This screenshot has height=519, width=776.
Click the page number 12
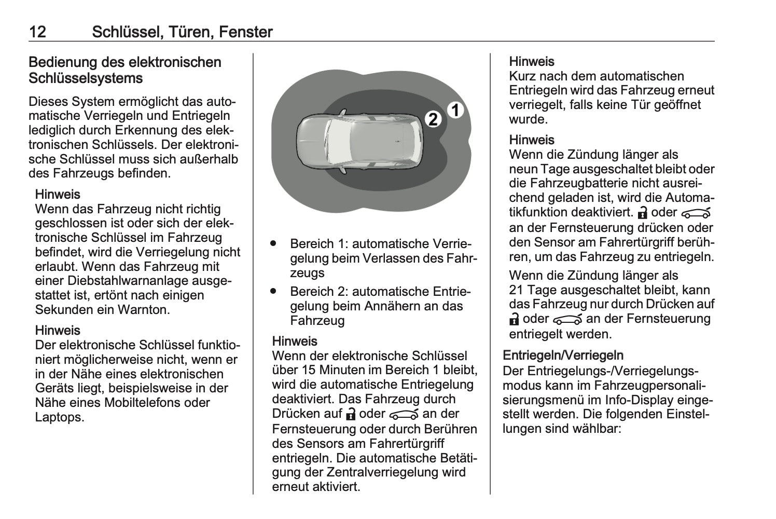[37, 32]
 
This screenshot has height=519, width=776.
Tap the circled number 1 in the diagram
[455, 111]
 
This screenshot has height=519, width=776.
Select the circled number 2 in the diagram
[433, 119]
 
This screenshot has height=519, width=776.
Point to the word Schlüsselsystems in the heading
[86, 78]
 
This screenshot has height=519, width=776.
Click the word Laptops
[59, 417]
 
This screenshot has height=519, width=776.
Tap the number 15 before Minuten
[308, 370]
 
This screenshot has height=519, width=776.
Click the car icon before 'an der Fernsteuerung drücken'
[696, 213]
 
